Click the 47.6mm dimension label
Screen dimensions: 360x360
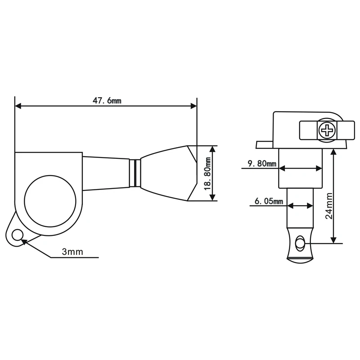[x=107, y=100]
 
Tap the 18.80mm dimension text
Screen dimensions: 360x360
[x=208, y=173]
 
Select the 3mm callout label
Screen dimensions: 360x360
[x=72, y=252]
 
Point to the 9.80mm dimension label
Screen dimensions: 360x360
[x=262, y=163]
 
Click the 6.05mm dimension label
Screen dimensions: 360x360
[x=269, y=201]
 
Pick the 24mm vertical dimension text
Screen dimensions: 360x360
[x=329, y=206]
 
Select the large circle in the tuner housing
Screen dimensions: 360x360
[x=50, y=201]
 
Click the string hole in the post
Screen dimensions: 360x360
[x=299, y=243]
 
